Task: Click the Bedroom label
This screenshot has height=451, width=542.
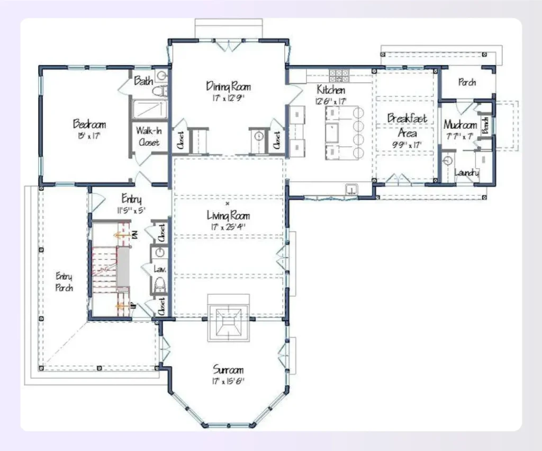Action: tap(89, 125)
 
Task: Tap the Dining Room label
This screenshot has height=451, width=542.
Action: tap(228, 86)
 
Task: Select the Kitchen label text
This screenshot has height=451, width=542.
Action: tap(331, 90)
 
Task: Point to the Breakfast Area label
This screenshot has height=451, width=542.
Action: tap(406, 126)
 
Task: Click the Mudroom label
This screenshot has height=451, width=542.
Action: tap(460, 125)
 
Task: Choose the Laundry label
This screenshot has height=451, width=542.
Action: tap(467, 173)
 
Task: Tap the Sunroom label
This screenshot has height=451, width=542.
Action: tap(228, 369)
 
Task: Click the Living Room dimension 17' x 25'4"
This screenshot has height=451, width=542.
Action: tap(228, 226)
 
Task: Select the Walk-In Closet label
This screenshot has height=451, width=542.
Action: tap(149, 136)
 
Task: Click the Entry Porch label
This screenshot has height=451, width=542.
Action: tap(64, 282)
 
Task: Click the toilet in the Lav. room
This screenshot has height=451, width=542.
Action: tap(159, 287)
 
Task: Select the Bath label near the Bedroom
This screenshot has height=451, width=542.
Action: tap(143, 81)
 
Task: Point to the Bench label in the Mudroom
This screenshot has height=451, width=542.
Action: tap(485, 125)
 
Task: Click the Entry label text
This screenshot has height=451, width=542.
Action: tap(131, 199)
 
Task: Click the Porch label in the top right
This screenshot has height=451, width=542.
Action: tap(467, 82)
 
